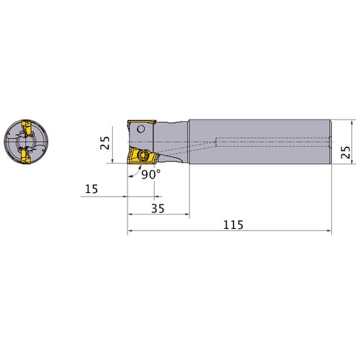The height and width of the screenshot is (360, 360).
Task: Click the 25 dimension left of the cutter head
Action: (x=106, y=143)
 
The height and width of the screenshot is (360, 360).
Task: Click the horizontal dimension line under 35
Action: (x=158, y=214)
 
